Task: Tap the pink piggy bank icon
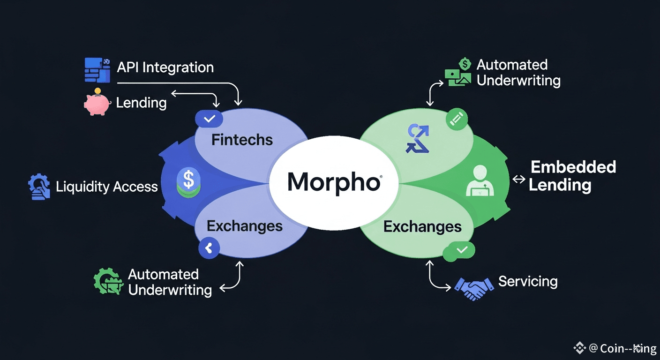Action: coord(97,103)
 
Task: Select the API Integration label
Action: coord(165,67)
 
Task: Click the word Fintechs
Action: coord(242,140)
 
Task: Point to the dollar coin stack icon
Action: coord(188,182)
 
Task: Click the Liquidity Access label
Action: coord(107,187)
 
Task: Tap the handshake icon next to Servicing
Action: coord(474,287)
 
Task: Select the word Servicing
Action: coord(528,281)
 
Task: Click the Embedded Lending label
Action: coord(572,176)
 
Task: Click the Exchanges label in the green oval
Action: coord(422,227)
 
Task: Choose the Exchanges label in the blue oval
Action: coord(245,226)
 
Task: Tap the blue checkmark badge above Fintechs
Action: coord(210,119)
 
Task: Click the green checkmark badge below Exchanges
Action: coord(462,250)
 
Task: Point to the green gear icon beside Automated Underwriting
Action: coord(107,281)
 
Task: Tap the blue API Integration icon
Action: coord(97,70)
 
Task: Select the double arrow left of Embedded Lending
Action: coord(519,179)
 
